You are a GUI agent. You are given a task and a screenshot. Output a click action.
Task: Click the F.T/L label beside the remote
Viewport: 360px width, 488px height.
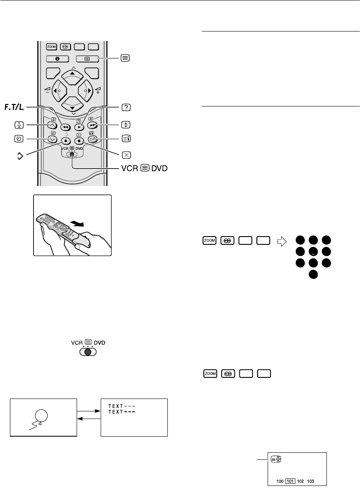coord(15,108)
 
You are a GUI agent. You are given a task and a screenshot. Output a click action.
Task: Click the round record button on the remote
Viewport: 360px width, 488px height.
coord(65,140)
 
